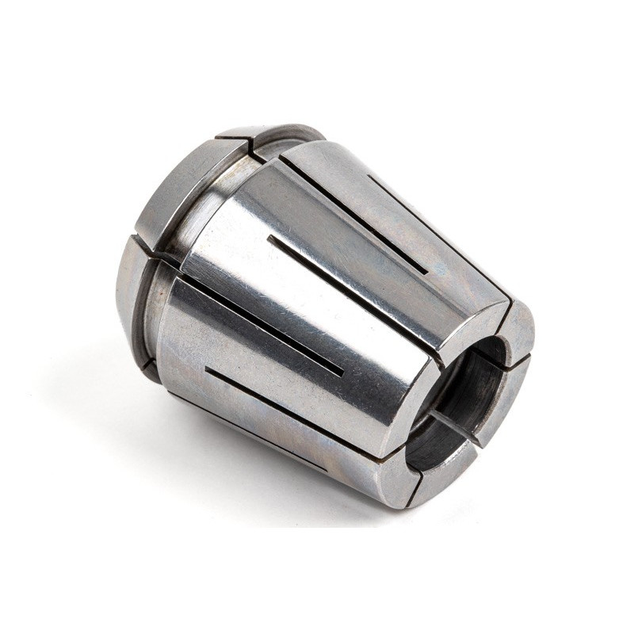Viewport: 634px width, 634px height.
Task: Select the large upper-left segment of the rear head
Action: (186, 190)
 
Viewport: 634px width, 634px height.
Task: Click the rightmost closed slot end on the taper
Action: (427, 273)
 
